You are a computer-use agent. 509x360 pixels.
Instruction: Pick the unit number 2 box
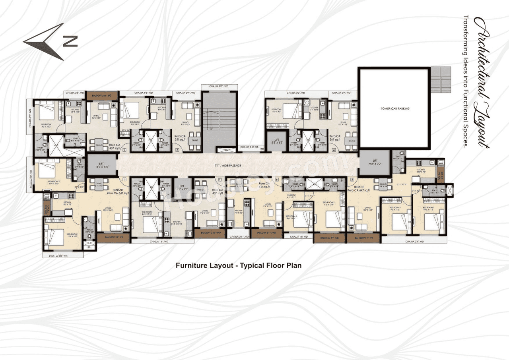(x=124, y=150)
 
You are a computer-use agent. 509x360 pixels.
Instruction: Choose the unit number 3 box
(x=177, y=150)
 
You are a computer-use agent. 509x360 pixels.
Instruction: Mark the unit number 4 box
(x=334, y=150)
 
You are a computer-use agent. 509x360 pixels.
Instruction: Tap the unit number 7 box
(x=220, y=179)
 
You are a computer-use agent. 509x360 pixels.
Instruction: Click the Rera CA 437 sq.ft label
(x=218, y=192)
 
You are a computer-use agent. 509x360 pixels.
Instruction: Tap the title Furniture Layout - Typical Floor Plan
(x=239, y=265)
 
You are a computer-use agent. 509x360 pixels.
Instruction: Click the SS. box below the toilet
(x=89, y=248)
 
